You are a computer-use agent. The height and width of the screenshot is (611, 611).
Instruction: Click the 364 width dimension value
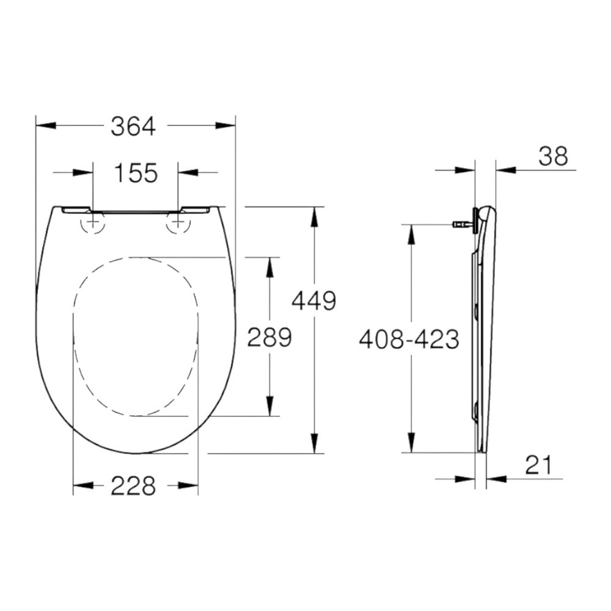(134, 126)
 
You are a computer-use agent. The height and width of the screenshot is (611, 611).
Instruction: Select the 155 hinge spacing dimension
(135, 173)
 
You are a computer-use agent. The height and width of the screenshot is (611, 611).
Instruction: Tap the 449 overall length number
(314, 301)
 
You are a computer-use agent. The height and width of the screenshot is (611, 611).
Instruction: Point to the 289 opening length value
(269, 337)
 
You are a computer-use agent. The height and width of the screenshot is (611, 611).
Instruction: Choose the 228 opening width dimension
(134, 486)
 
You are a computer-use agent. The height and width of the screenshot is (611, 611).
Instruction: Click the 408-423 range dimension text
(409, 338)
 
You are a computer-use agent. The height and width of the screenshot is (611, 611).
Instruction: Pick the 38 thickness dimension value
(553, 156)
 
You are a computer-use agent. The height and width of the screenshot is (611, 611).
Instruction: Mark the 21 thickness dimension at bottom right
(538, 466)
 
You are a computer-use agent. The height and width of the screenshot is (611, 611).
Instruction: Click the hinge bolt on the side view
(463, 224)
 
